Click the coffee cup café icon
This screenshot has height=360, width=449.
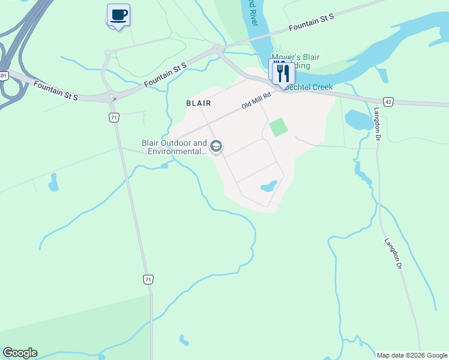118,14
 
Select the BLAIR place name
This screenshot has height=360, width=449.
198,103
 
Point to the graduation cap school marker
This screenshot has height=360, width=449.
216,147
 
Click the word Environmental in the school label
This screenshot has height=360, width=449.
174,152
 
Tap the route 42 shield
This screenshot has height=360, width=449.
388,103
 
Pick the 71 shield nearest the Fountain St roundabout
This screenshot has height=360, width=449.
113,118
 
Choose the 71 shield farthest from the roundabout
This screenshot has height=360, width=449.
148,279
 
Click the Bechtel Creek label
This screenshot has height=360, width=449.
309,87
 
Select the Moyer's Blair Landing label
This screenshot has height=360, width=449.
295,61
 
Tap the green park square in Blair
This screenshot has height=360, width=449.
278,127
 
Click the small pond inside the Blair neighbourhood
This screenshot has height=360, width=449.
269,186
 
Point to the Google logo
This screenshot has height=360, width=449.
20,353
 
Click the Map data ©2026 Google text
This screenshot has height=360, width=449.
412,355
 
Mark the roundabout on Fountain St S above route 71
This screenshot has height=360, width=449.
110,96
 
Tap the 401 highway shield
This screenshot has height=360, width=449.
4,76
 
